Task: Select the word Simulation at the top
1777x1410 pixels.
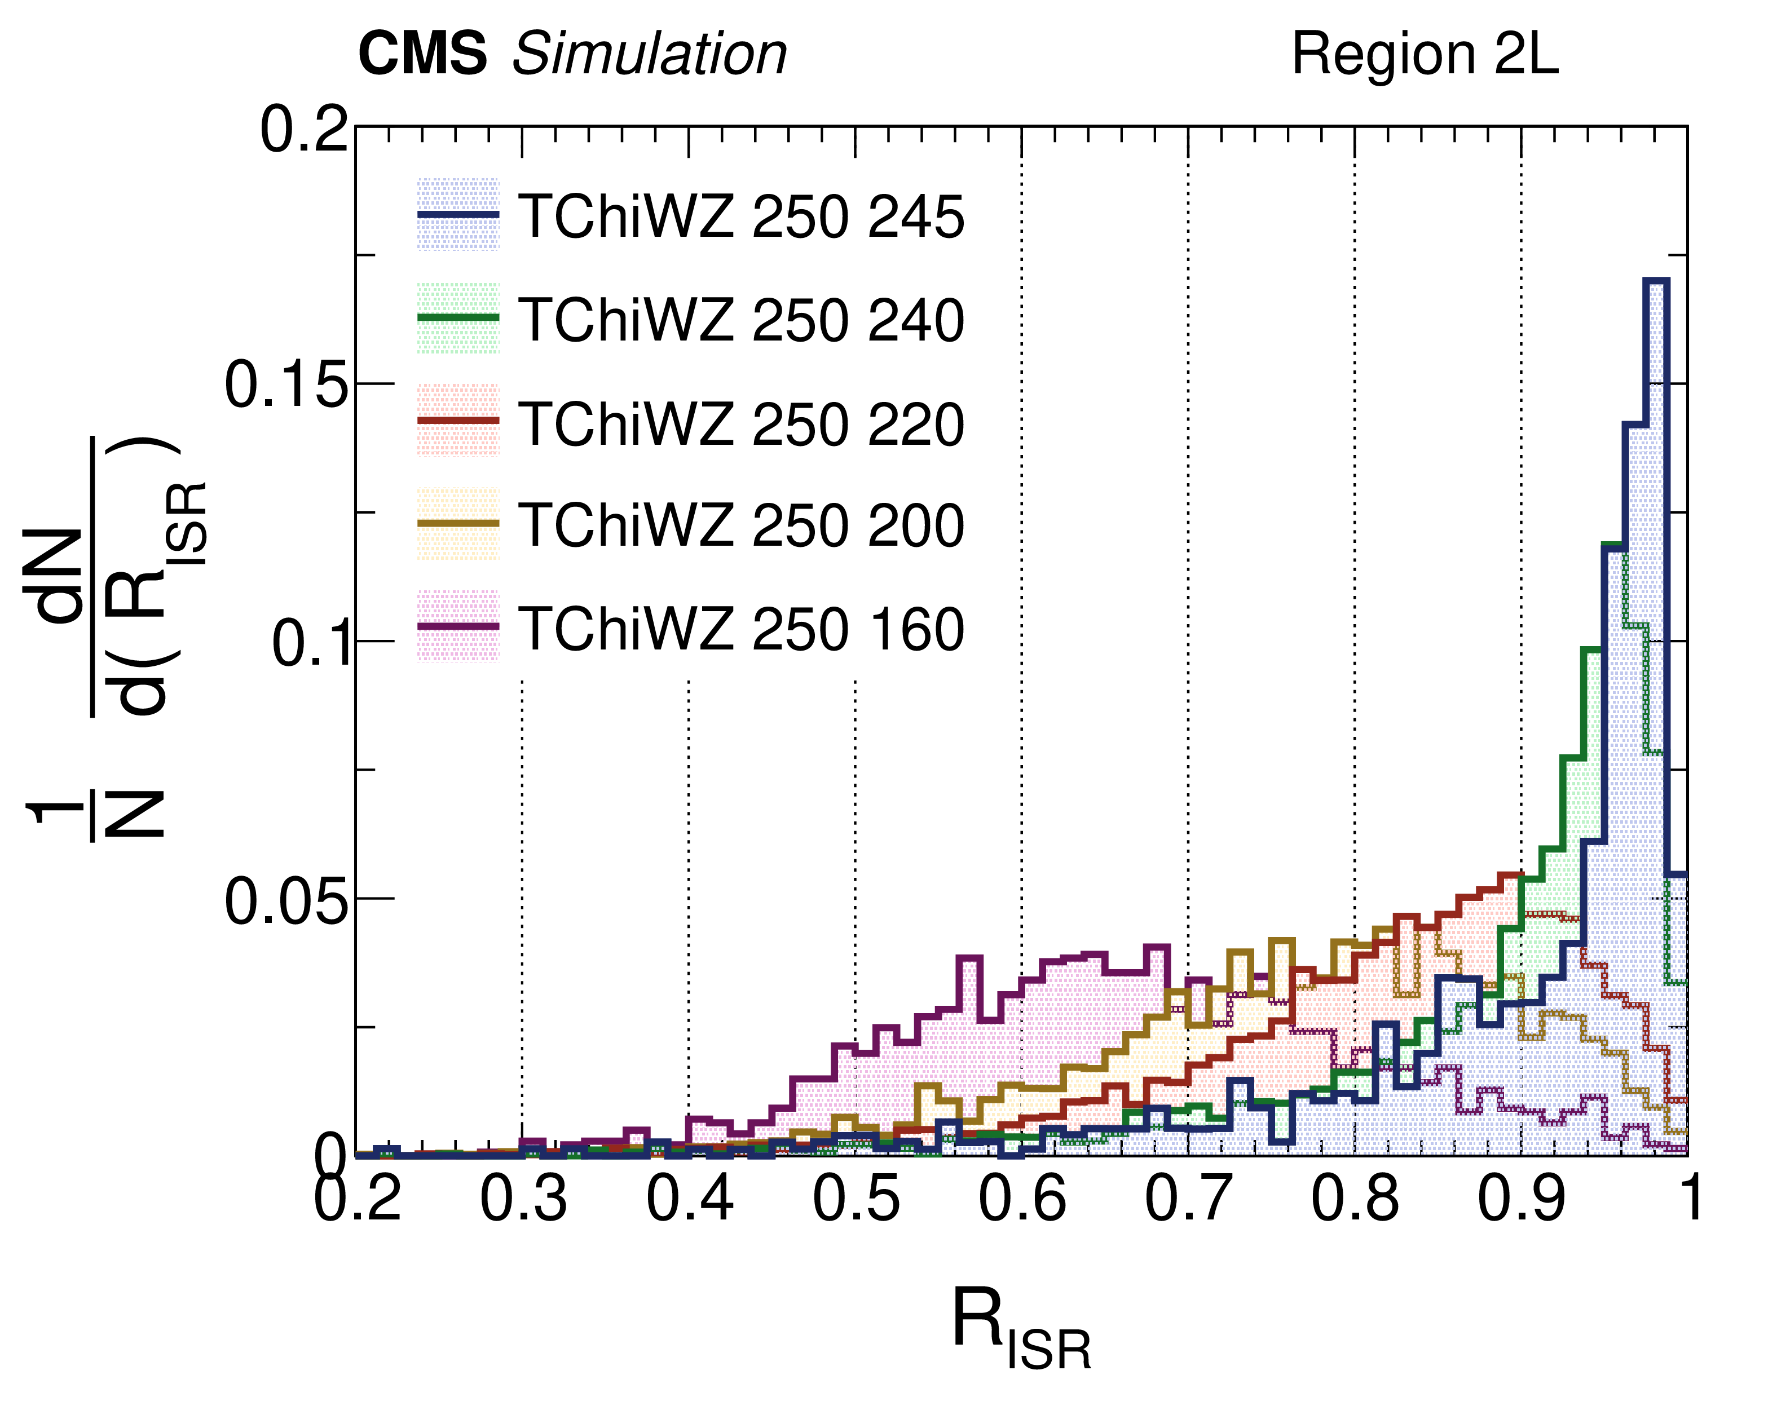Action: pyautogui.click(x=650, y=54)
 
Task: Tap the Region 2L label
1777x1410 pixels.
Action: pyautogui.click(x=1424, y=54)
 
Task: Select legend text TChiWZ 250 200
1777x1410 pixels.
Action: pyautogui.click(x=742, y=525)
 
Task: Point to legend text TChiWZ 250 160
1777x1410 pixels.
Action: pyautogui.click(x=742, y=629)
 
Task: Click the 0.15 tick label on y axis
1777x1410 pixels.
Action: pyautogui.click(x=285, y=385)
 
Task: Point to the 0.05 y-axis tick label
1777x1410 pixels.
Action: pyautogui.click(x=285, y=901)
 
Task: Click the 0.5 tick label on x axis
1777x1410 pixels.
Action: pyautogui.click(x=856, y=1199)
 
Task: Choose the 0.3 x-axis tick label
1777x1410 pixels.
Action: pyautogui.click(x=523, y=1199)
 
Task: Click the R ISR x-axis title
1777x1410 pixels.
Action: pyautogui.click(x=1020, y=1328)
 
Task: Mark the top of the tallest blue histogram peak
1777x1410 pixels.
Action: pyautogui.click(x=1655, y=281)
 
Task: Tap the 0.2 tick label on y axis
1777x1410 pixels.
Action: pyautogui.click(x=303, y=130)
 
